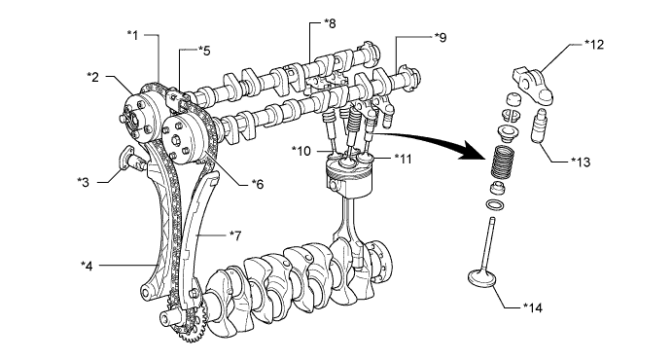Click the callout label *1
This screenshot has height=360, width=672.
click(x=133, y=35)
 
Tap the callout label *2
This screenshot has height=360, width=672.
click(x=93, y=77)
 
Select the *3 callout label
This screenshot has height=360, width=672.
click(x=83, y=182)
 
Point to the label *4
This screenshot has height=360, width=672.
click(x=87, y=266)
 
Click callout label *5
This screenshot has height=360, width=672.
click(x=204, y=51)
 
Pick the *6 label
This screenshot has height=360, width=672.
click(x=258, y=184)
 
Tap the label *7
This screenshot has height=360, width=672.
click(x=235, y=235)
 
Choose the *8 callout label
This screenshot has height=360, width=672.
click(x=330, y=23)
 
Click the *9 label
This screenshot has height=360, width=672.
click(x=441, y=37)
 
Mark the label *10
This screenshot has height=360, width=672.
click(x=301, y=151)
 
